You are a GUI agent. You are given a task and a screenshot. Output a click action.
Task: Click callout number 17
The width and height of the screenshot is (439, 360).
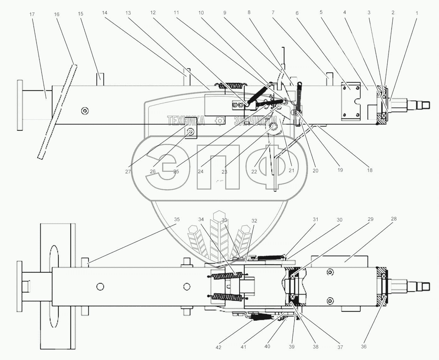point(32,15)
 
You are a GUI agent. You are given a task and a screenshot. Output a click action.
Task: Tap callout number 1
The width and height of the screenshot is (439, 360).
point(417,13)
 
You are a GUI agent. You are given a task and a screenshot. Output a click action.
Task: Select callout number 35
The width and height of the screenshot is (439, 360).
point(177,219)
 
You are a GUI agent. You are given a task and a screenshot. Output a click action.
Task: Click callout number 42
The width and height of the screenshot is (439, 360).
point(218,347)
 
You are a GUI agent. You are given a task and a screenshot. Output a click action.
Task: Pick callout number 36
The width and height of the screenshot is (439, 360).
point(364,346)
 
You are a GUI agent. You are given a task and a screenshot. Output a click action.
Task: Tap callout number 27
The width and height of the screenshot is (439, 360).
point(128,172)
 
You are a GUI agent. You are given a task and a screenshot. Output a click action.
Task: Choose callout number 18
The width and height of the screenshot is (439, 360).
point(370,170)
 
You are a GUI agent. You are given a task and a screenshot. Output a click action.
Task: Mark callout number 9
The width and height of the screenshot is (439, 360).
point(225,13)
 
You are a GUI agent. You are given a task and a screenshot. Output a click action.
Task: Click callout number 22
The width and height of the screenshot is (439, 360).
point(254,172)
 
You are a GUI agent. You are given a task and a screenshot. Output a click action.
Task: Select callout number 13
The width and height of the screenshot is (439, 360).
point(128,13)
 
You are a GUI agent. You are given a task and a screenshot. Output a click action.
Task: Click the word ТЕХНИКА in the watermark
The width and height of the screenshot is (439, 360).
point(186,121)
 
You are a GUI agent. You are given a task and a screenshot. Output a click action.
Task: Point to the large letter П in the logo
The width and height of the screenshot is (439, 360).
point(218,167)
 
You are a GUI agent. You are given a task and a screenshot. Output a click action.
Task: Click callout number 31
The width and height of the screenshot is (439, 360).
point(315,219)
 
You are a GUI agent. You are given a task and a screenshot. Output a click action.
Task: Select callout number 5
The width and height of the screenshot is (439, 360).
point(321,12)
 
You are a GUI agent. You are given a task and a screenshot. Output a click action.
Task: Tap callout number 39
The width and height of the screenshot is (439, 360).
point(292,347)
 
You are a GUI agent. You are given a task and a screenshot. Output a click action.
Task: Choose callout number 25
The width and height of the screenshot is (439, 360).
point(176,171)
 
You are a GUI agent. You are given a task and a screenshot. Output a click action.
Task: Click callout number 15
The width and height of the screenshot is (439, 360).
point(80,14)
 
